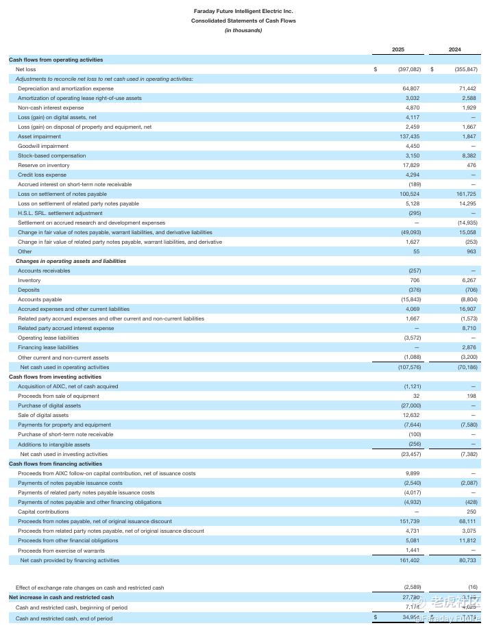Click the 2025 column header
(x=398, y=49)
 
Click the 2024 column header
(x=454, y=49)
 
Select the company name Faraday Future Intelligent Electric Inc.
(x=243, y=12)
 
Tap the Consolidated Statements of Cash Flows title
(x=243, y=21)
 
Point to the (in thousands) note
(x=243, y=30)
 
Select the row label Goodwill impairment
(x=43, y=146)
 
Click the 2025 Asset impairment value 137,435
(x=408, y=136)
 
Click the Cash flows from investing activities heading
(x=55, y=377)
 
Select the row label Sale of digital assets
(x=43, y=415)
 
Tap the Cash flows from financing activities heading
(x=56, y=464)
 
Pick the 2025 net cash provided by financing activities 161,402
(x=408, y=560)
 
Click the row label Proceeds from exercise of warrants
(x=62, y=551)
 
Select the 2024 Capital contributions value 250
(x=471, y=512)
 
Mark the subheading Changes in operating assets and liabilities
(x=71, y=261)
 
